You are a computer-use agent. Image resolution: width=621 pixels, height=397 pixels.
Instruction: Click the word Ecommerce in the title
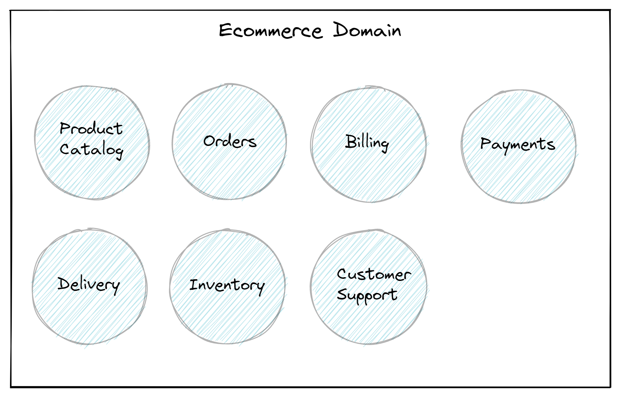(270, 31)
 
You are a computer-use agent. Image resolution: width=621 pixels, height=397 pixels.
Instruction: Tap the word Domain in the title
(367, 30)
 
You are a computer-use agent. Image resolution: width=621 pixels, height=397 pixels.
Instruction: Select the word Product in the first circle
(91, 128)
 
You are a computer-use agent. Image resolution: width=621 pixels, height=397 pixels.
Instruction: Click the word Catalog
(91, 150)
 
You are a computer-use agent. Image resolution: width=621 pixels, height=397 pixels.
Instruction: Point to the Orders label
(230, 141)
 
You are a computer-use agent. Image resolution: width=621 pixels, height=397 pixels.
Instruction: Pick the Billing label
(367, 142)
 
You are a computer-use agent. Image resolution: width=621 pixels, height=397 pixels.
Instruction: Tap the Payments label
(518, 144)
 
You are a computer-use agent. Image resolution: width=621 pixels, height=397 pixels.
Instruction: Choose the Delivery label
(89, 284)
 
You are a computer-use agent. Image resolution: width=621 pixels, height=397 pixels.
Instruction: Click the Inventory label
(227, 285)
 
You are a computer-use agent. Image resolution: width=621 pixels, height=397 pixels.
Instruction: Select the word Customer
(374, 274)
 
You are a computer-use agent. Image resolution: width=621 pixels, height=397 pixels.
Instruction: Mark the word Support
(367, 295)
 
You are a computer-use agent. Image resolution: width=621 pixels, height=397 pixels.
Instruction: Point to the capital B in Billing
(351, 141)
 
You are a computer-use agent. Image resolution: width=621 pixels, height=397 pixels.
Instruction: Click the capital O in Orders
(209, 141)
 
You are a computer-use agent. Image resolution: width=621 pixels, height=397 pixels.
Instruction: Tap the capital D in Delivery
(64, 283)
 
